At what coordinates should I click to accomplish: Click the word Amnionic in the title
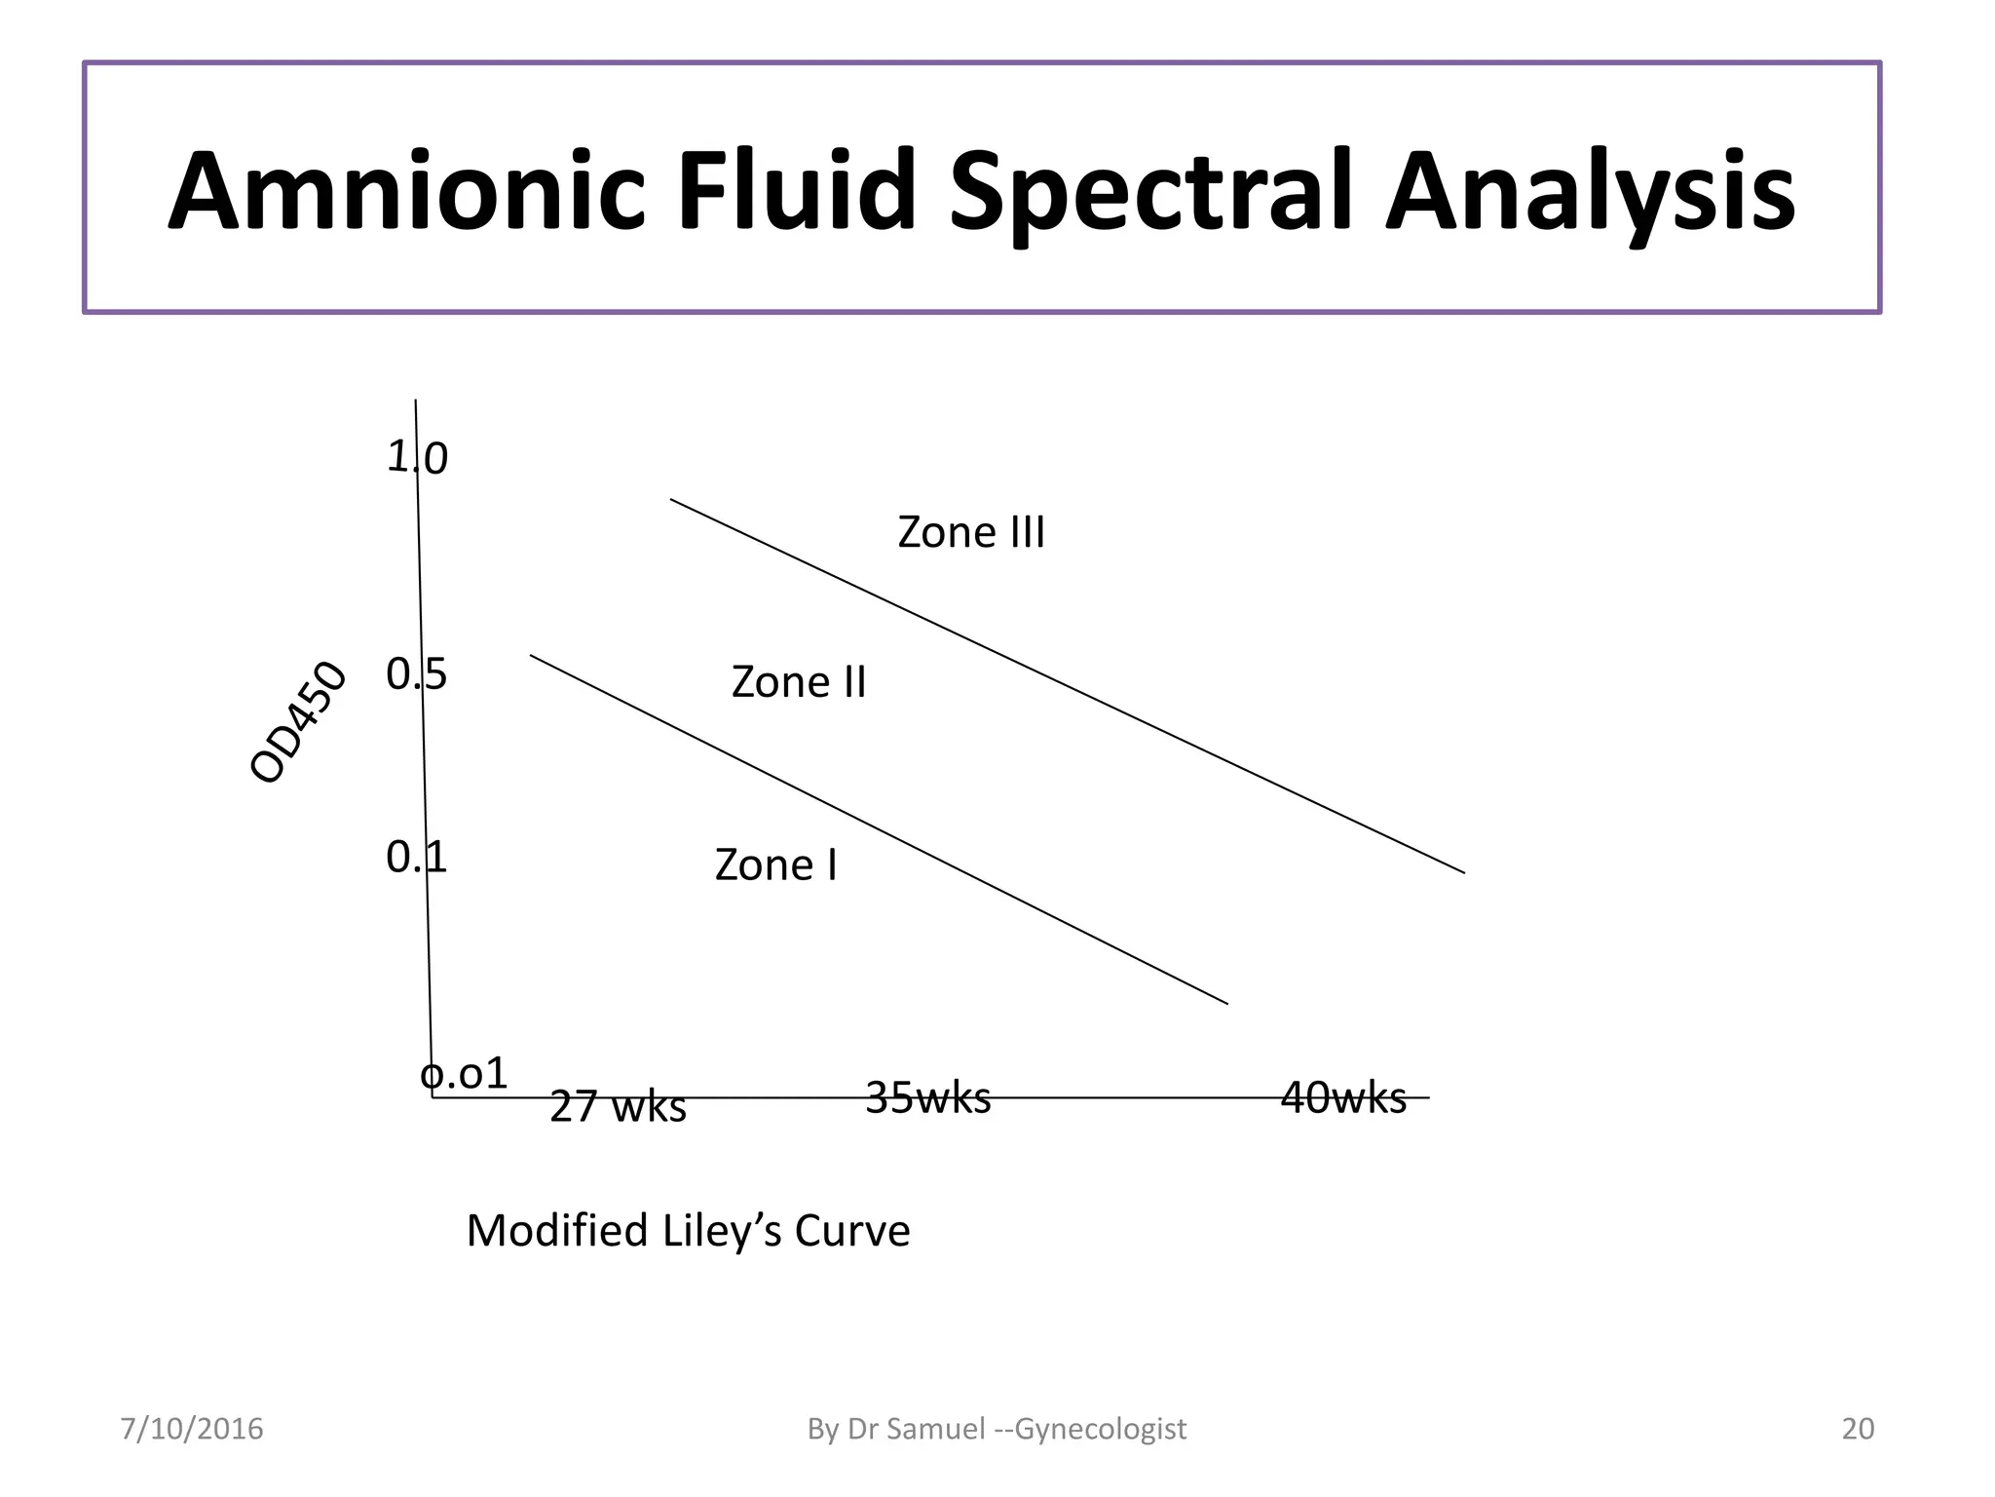[x=406, y=191]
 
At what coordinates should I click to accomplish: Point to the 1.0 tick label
[x=417, y=458]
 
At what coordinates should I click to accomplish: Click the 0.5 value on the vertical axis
[x=416, y=674]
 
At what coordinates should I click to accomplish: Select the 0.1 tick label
[x=416, y=858]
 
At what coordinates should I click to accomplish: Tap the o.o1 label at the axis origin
[x=464, y=1074]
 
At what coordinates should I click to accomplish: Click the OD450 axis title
[x=298, y=722]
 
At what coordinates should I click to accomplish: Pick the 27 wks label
[x=618, y=1107]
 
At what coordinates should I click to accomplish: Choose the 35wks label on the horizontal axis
[x=927, y=1098]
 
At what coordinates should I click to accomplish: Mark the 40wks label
[x=1343, y=1098]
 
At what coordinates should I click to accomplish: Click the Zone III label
[x=970, y=533]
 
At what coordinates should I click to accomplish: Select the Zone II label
[x=799, y=682]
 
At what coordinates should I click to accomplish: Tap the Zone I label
[x=775, y=865]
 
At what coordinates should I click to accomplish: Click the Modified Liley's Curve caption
[x=688, y=1231]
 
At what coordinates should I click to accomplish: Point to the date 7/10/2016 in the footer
[x=192, y=1429]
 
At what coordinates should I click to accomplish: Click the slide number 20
[x=1858, y=1429]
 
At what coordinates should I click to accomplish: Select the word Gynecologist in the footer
[x=1101, y=1429]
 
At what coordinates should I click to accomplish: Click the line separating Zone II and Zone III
[x=1068, y=686]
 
